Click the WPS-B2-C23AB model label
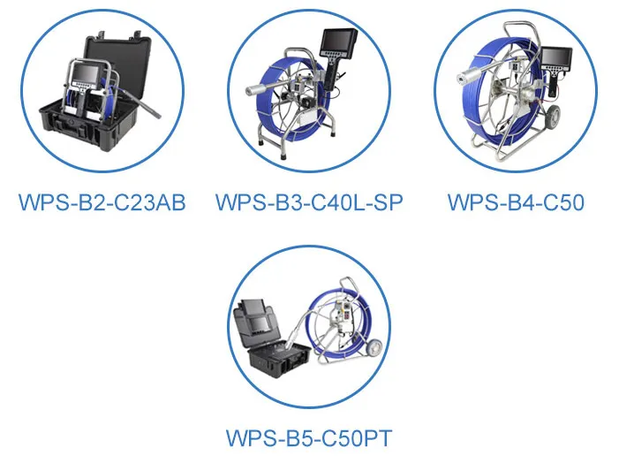click(102, 202)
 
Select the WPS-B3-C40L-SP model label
click(309, 202)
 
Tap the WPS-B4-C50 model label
click(516, 202)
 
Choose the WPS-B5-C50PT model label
click(308, 437)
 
